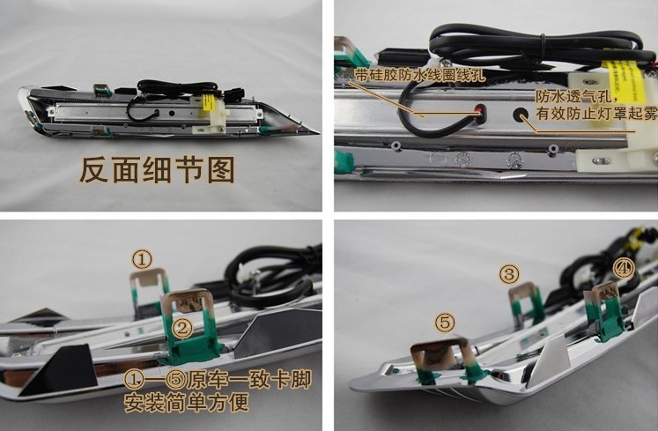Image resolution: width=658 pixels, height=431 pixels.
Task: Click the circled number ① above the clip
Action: pyautogui.click(x=142, y=260)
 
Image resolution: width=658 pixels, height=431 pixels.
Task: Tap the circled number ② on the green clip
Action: pyautogui.click(x=182, y=329)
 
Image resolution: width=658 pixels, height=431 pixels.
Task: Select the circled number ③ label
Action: pyautogui.click(x=509, y=274)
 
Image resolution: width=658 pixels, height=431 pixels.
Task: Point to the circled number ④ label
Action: pyautogui.click(x=623, y=269)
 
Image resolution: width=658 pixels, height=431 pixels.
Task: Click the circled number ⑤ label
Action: pyautogui.click(x=445, y=323)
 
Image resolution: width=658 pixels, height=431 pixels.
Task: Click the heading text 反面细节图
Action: pyautogui.click(x=157, y=170)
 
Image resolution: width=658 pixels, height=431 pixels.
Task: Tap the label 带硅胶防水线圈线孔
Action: pyautogui.click(x=420, y=75)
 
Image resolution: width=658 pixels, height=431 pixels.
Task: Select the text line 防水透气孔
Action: pyautogui.click(x=571, y=97)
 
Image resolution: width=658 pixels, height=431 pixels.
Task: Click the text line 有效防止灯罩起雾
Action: pyautogui.click(x=596, y=115)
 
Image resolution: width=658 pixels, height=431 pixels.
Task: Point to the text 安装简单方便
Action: pyautogui.click(x=187, y=402)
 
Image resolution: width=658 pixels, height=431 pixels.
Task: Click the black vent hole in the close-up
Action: pyautogui.click(x=521, y=115)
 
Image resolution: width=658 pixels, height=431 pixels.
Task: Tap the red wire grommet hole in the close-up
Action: pyautogui.click(x=479, y=111)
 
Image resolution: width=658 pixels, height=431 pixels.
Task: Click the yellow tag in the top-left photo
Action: pyautogui.click(x=208, y=102)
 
